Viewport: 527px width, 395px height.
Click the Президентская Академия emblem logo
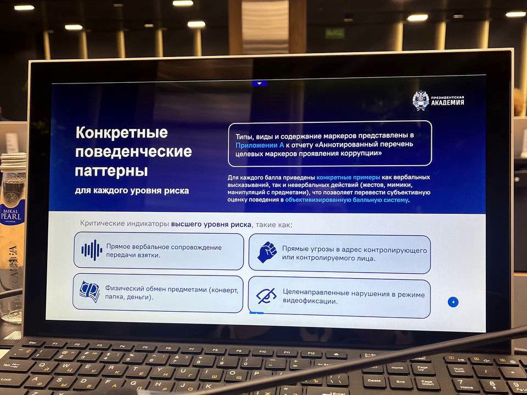tap(421, 100)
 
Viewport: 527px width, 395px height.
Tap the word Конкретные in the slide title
tap(122, 132)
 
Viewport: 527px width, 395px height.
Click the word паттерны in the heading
tap(111, 171)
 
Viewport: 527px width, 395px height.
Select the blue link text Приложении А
tap(260, 145)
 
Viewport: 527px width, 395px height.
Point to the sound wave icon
tap(92, 250)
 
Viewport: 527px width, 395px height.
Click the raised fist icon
tap(267, 252)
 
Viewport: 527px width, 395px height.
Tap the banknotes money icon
tap(89, 291)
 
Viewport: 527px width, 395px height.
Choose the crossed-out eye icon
tap(266, 296)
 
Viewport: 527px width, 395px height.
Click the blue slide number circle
tap(453, 302)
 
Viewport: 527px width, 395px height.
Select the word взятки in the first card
tap(149, 255)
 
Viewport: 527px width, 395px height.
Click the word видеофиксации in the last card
tap(310, 301)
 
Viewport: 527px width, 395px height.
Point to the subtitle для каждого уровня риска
tap(132, 191)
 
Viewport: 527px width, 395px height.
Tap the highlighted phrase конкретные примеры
tap(348, 177)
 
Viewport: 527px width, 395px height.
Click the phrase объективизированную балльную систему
tap(346, 200)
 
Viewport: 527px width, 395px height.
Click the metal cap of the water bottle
tap(13, 161)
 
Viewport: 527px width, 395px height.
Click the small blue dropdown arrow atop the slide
tap(260, 83)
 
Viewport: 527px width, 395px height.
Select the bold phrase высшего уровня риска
tap(211, 224)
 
